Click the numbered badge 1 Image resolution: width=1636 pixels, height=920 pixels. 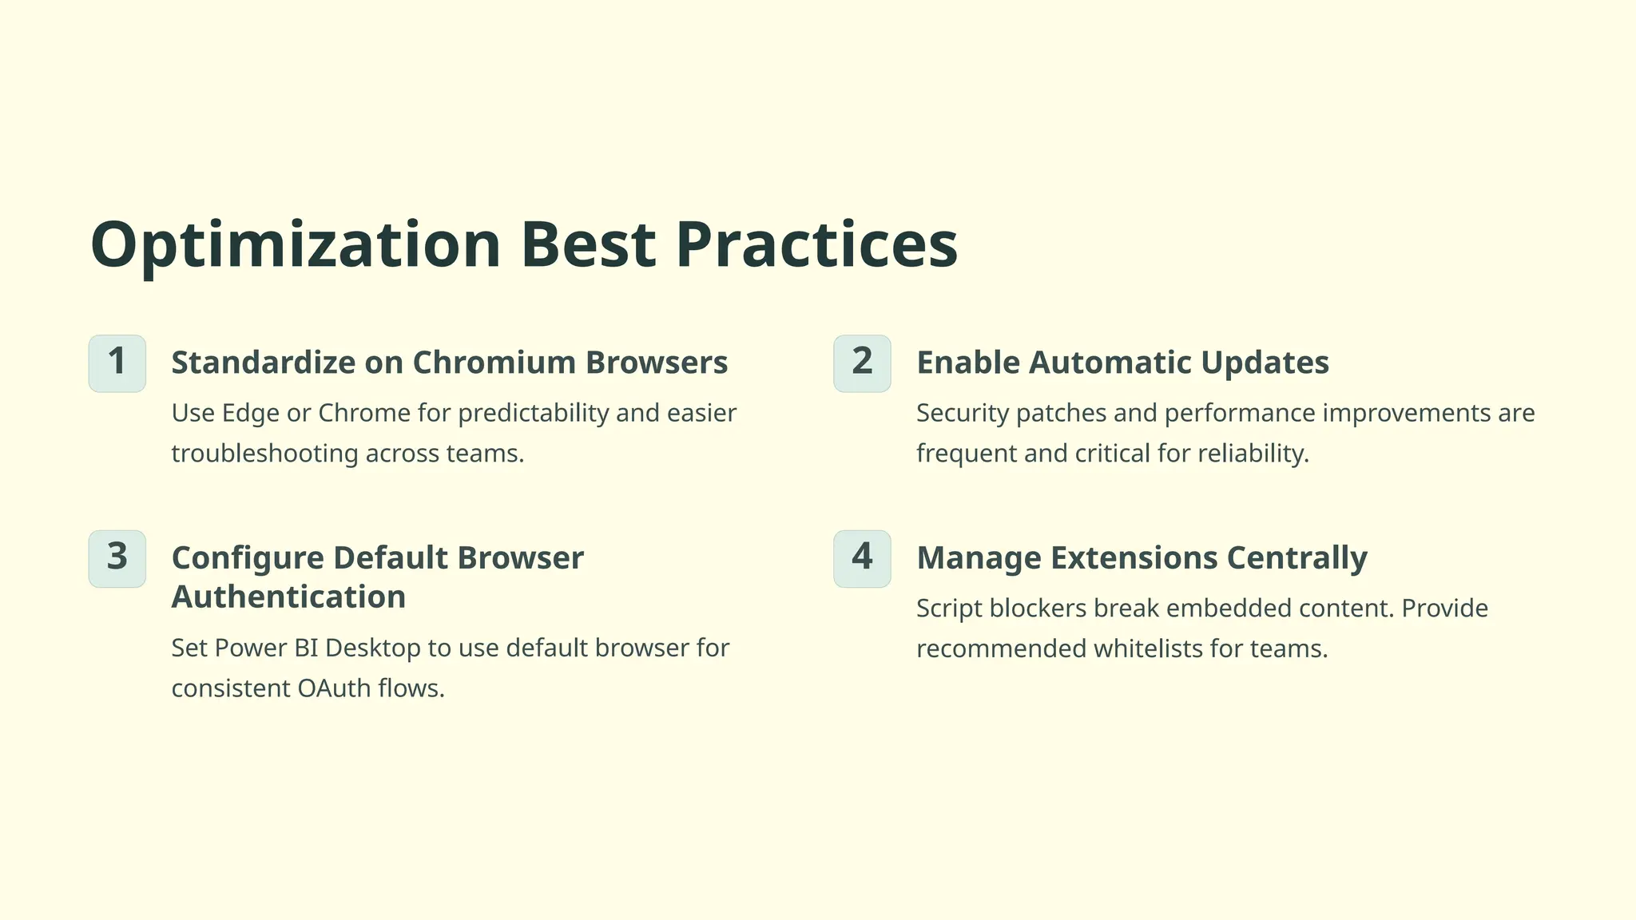[x=117, y=363]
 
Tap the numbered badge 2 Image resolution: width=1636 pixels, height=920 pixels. [x=862, y=363]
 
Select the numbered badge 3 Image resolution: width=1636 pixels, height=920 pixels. [x=117, y=558]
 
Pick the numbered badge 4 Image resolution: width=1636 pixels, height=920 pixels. [x=862, y=558]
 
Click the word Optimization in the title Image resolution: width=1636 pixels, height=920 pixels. [x=295, y=246]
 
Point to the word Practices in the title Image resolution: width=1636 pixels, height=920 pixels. [x=816, y=244]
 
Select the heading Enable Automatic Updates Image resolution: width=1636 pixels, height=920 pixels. [x=1122, y=363]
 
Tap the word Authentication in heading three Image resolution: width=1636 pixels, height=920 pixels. [x=288, y=597]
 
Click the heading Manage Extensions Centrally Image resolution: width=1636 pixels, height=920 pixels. [x=1142, y=557]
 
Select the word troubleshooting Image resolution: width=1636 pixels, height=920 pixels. [x=264, y=454]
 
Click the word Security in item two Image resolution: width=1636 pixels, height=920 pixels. [x=963, y=414]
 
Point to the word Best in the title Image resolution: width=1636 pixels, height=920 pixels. [x=587, y=244]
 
